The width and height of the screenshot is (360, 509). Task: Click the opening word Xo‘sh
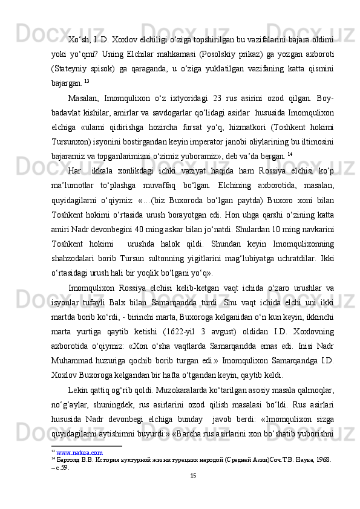coord(77,40)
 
